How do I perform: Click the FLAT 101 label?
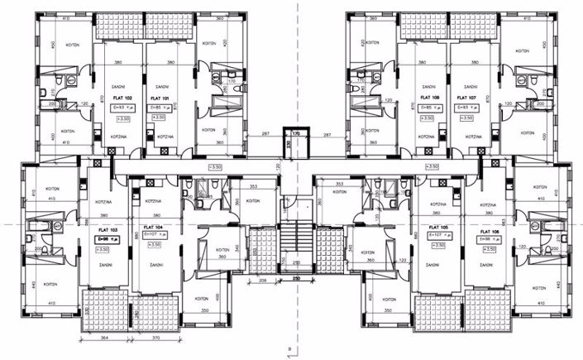coord(160,98)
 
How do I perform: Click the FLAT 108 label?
coord(428,98)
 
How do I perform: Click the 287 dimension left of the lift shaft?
coord(266,132)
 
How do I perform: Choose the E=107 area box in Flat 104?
coord(155,236)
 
